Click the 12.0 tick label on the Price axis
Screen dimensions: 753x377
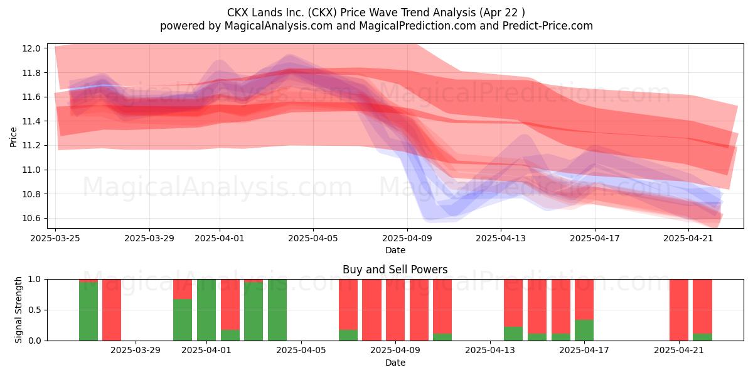[31, 48]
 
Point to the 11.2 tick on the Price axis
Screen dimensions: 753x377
[31, 145]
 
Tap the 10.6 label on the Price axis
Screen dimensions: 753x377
[31, 219]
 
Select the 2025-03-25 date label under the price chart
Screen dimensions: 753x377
[55, 238]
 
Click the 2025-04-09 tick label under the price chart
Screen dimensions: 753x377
[407, 238]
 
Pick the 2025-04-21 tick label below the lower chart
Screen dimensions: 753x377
[679, 351]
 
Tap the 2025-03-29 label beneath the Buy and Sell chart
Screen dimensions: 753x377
[136, 351]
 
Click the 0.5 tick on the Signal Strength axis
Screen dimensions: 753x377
[35, 310]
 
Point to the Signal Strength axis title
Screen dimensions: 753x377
[18, 310]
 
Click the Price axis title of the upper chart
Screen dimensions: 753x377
[13, 137]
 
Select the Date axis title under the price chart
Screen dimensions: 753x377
[395, 251]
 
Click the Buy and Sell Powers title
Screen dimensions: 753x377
[395, 270]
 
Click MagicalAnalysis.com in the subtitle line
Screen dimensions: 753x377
[279, 26]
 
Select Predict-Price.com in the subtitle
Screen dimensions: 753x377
[548, 26]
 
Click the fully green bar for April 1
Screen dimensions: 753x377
[206, 310]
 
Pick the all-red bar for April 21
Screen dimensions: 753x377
[679, 310]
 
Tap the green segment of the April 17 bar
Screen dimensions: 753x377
[584, 331]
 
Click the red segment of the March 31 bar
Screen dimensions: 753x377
[183, 289]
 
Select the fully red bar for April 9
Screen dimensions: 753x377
[395, 310]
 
